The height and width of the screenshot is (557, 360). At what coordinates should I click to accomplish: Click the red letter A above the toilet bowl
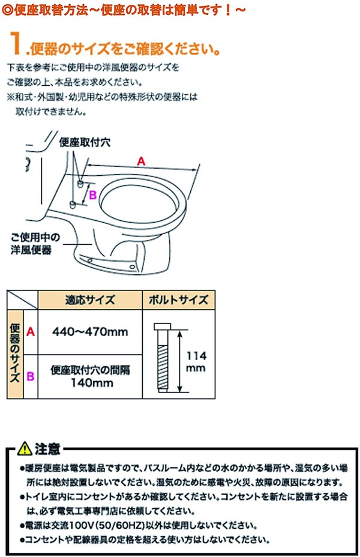point(141,160)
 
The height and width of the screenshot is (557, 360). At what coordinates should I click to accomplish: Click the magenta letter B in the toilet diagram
point(93,194)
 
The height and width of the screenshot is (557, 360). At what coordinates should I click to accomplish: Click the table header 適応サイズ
point(89,300)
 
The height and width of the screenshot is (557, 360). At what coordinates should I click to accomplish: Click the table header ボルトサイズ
point(178,300)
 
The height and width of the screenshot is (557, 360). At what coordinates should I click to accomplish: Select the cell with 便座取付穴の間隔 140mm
point(89,376)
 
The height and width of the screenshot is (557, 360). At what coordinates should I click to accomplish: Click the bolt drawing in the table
point(163,357)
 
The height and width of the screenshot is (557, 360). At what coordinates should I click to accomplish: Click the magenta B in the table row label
point(30,376)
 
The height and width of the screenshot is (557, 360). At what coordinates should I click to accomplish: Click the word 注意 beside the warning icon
point(46,448)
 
